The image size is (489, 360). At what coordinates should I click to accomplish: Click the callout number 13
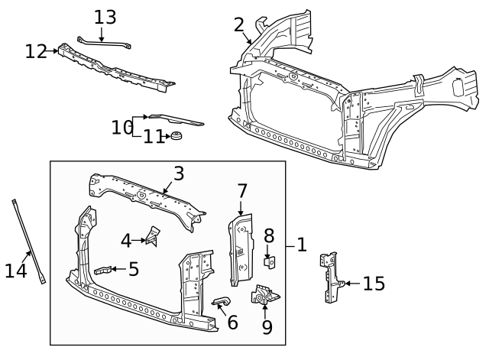(x=105, y=17)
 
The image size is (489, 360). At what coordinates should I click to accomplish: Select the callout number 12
(x=35, y=51)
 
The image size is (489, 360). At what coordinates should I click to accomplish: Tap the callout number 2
(x=239, y=24)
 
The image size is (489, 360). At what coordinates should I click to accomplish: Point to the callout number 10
(x=121, y=127)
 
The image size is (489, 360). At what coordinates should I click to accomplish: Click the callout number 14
(x=16, y=270)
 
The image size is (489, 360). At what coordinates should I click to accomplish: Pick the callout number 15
(x=373, y=284)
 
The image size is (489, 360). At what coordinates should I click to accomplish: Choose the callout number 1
(x=301, y=245)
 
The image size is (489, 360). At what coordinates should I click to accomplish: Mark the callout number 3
(x=178, y=174)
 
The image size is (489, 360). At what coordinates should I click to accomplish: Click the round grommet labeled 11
(x=176, y=137)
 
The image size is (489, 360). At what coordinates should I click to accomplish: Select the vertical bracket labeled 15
(x=329, y=278)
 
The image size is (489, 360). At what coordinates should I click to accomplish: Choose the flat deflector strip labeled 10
(x=176, y=119)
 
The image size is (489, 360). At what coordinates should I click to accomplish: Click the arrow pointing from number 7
(x=240, y=209)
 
